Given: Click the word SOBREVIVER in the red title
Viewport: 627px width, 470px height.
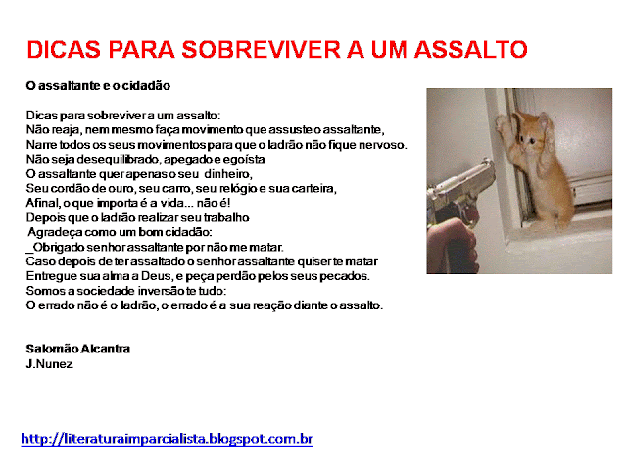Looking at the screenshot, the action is pos(261,50).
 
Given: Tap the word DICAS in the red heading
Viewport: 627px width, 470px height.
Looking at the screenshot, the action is pos(64,50).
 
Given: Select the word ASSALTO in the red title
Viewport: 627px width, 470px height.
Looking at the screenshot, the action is pos(470,50).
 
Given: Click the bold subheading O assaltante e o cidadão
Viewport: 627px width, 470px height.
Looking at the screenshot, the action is pos(98,86).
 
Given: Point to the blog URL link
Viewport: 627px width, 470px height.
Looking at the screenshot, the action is pos(167,439).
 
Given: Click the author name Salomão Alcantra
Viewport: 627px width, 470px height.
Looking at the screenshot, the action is pos(78,349).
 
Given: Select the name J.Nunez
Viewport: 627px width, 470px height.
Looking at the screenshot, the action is pos(50,364).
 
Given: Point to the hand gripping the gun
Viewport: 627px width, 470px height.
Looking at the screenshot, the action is pos(452,246).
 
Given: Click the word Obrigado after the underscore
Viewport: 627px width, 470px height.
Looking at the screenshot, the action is pos(59,247).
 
